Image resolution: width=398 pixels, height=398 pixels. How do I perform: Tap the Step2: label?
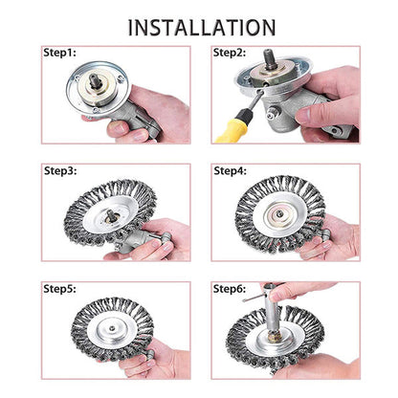point(230,54)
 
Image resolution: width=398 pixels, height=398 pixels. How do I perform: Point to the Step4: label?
point(230,171)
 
